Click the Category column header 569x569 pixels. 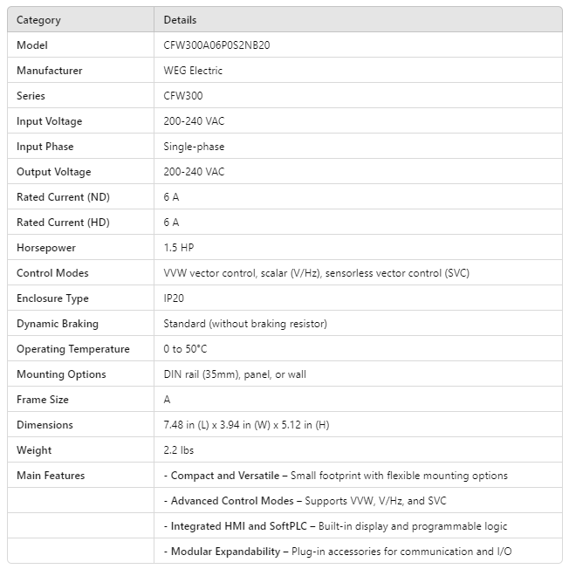tap(38, 20)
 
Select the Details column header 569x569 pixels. tap(180, 20)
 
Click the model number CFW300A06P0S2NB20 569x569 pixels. tap(216, 45)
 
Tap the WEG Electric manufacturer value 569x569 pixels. tap(193, 71)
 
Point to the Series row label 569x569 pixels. tap(31, 96)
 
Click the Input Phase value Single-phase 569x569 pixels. tap(189, 147)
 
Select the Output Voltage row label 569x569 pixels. tap(53, 172)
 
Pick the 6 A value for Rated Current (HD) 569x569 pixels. tap(171, 223)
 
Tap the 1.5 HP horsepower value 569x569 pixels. tap(178, 248)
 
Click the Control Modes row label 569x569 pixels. tap(52, 273)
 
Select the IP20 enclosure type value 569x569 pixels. tap(174, 298)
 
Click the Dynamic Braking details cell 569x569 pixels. tap(245, 324)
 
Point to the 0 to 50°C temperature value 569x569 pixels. tap(185, 349)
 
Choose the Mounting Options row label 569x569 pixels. tap(61, 374)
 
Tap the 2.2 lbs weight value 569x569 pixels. tap(179, 450)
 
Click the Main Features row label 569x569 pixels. tap(51, 476)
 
